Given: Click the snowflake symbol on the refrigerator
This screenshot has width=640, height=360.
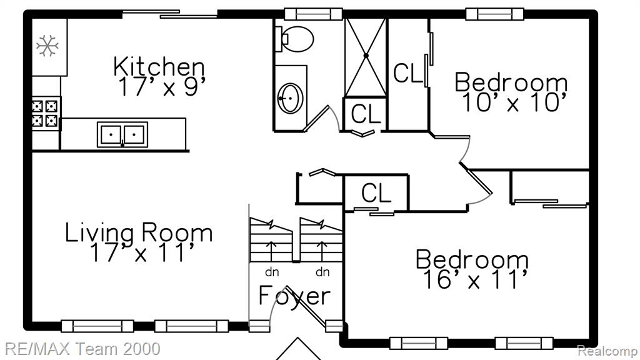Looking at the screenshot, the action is [47, 45].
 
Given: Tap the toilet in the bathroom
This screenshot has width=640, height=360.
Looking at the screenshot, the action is [294, 39].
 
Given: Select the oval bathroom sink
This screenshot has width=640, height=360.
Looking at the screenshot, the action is [290, 98].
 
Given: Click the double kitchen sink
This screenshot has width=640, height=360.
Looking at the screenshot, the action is [122, 134].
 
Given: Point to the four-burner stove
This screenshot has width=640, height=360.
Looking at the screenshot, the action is [45, 114].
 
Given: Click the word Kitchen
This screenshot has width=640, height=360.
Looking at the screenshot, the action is [159, 66].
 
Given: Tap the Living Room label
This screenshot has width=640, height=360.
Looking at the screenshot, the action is [139, 232].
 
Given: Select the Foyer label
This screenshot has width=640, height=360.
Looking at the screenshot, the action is [294, 296].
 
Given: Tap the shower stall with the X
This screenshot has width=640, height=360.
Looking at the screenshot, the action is [366, 56].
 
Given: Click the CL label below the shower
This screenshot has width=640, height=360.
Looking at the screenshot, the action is [366, 114].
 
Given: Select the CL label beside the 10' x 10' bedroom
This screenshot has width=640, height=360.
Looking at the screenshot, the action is [407, 74].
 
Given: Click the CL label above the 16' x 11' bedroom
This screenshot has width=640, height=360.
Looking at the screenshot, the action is [376, 193].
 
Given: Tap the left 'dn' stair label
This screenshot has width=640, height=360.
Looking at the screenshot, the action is [272, 272].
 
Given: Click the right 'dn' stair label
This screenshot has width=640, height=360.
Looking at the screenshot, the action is [322, 272].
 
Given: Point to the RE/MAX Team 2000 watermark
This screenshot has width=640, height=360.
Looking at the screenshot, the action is [82, 349].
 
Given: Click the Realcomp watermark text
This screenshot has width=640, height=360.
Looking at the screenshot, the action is [607, 351].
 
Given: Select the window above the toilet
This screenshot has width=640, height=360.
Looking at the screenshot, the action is [313, 14].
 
